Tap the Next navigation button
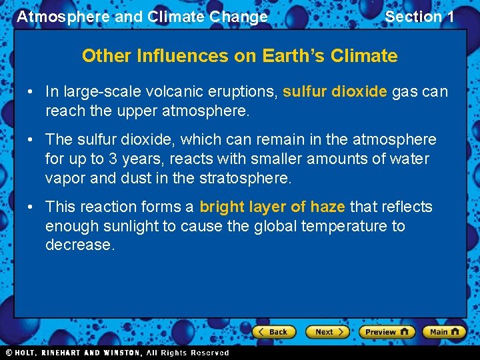point(327,331)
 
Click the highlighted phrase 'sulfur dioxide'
point(335,91)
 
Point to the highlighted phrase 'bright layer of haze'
point(272,207)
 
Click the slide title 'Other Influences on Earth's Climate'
point(239,56)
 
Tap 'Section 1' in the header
point(419,17)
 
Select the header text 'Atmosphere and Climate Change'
point(142,17)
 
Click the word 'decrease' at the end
point(77,245)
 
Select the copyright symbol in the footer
point(9,353)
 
